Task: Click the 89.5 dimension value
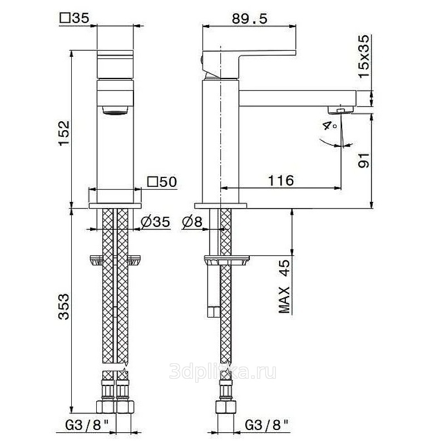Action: click(x=249, y=19)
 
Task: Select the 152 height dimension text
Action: click(x=64, y=133)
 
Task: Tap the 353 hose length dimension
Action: click(x=64, y=306)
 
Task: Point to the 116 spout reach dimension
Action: click(x=281, y=180)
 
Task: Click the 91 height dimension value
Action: click(x=364, y=160)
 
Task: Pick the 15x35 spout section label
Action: click(x=364, y=56)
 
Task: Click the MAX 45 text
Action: click(x=284, y=286)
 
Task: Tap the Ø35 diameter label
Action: click(x=155, y=222)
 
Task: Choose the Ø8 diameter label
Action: click(x=192, y=222)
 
